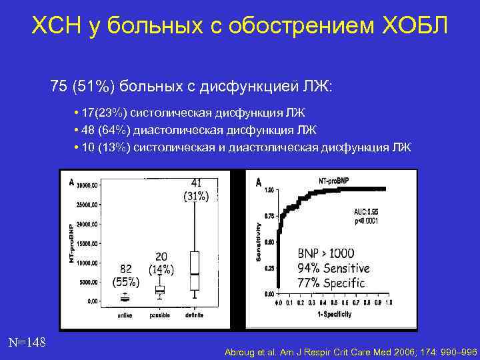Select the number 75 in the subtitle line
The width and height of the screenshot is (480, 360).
tap(59, 87)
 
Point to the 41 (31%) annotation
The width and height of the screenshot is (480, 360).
tap(196, 189)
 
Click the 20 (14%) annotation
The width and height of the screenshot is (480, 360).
tap(161, 263)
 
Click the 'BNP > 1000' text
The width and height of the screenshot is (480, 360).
tap(326, 253)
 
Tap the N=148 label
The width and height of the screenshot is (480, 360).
tap(27, 343)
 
